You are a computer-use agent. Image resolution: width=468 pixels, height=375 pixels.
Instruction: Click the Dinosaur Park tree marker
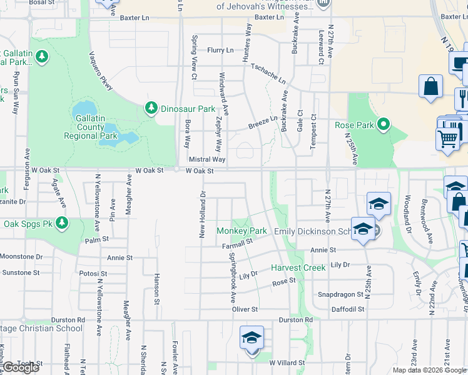[151, 108]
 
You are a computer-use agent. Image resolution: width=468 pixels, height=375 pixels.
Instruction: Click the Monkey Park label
[242, 231]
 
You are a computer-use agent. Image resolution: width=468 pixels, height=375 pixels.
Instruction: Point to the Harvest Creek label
[298, 267]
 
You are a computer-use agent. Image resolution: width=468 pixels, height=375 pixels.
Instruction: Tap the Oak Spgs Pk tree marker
[61, 223]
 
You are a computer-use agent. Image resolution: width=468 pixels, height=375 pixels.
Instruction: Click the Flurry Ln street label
[220, 50]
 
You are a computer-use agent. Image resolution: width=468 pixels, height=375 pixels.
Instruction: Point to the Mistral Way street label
[207, 160]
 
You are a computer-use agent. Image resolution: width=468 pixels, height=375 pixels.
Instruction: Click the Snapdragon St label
[341, 294]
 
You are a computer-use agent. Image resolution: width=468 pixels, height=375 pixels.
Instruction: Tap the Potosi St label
[94, 274]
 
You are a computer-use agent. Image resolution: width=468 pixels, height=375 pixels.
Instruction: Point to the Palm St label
[97, 239]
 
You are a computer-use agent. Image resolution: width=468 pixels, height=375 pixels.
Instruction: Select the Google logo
[21, 368]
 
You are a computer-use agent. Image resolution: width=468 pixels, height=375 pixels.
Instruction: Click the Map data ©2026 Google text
[429, 370]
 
